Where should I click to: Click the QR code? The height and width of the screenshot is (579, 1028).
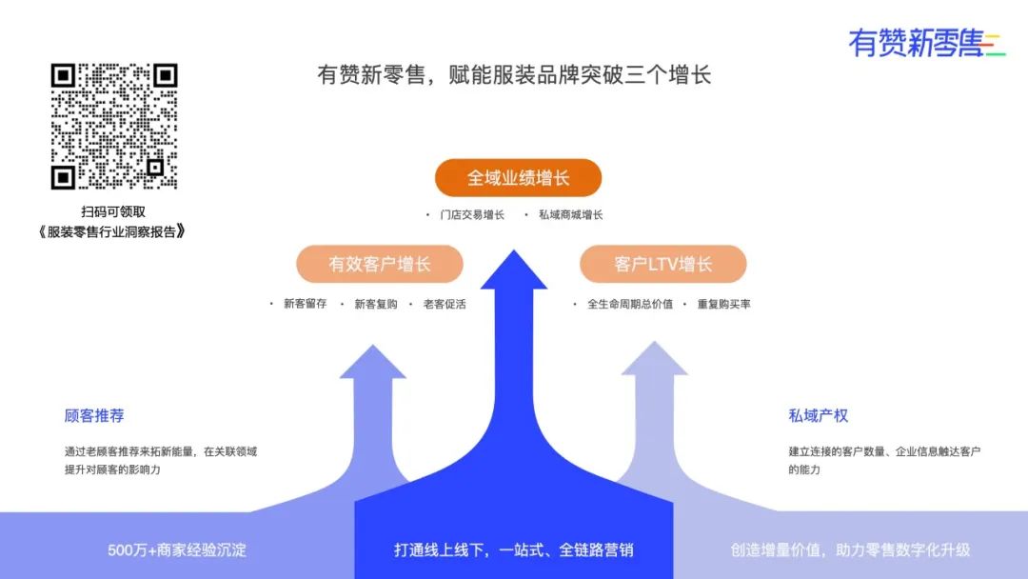click(x=114, y=126)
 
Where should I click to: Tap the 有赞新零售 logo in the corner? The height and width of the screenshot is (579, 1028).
click(x=925, y=43)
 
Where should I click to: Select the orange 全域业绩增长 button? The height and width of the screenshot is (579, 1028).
click(x=518, y=178)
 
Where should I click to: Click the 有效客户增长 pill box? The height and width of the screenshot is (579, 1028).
click(x=380, y=264)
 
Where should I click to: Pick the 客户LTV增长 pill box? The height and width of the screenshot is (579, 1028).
click(x=662, y=264)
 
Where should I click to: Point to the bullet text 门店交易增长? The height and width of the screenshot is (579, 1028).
click(x=472, y=215)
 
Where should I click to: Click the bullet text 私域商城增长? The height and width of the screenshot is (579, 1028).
click(x=570, y=215)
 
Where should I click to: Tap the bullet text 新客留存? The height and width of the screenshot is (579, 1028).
click(x=305, y=304)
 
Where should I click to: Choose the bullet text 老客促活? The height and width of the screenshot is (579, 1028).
click(x=445, y=304)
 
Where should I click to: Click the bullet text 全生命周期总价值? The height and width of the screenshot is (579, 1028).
click(x=629, y=304)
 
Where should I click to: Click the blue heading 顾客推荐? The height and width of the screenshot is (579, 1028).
click(x=94, y=415)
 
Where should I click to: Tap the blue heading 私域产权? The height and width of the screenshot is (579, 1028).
click(x=818, y=415)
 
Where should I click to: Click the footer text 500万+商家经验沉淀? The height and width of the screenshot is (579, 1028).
click(x=177, y=549)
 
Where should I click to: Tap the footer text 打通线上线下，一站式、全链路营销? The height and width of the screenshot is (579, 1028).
click(x=514, y=549)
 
